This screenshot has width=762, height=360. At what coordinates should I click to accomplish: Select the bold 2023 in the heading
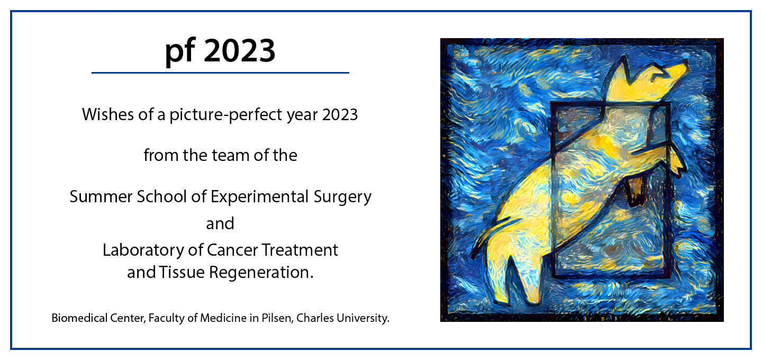pyautogui.click(x=240, y=50)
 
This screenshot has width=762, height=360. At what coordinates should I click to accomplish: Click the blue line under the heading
pyautogui.click(x=220, y=73)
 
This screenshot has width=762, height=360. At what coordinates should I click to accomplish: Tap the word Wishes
pyautogui.click(x=108, y=114)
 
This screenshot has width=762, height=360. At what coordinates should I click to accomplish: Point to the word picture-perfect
pyautogui.click(x=226, y=115)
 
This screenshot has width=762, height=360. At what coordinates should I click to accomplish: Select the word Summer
pyautogui.click(x=101, y=196)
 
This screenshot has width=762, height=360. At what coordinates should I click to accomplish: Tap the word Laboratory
pyautogui.click(x=143, y=250)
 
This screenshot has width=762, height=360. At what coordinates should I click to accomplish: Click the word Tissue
pyautogui.click(x=182, y=272)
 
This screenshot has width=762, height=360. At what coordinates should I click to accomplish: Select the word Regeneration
pyautogui.click(x=261, y=273)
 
